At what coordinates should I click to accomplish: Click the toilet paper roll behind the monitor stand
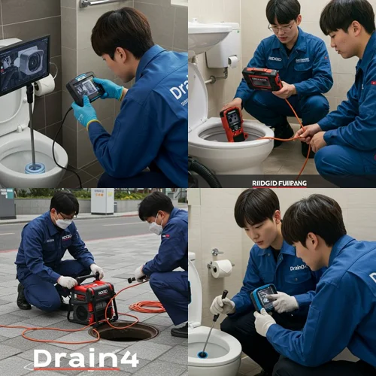point(45,84)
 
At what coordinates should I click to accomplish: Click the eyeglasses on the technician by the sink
point(282,27)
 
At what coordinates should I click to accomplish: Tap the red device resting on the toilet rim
point(233,123)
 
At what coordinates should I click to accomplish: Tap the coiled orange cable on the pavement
point(147,306)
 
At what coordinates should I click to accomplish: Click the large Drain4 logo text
point(76,357)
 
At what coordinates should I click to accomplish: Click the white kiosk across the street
point(102,201)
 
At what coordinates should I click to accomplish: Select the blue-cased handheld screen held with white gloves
point(264,298)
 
